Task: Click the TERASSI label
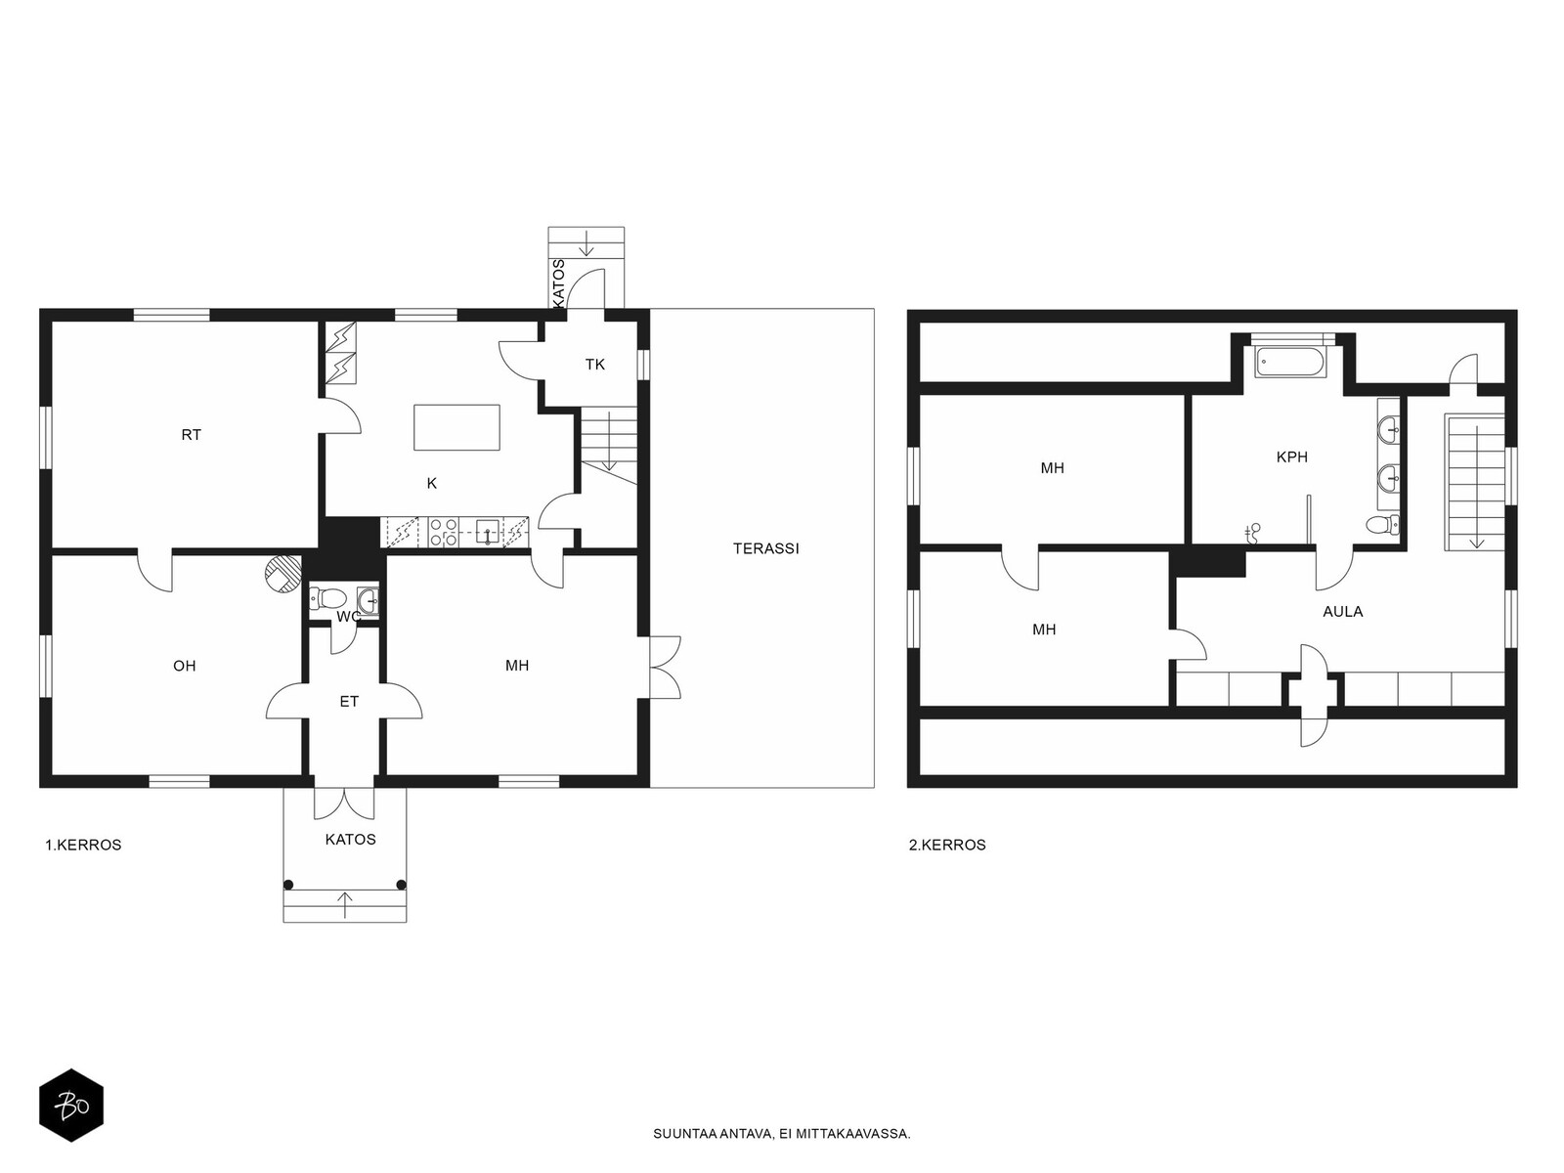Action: [765, 548]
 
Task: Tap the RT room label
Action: [191, 435]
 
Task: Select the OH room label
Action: [184, 666]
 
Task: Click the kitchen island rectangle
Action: [456, 427]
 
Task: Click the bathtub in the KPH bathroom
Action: [1290, 363]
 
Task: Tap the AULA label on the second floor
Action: [1342, 611]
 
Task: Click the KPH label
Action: [1291, 456]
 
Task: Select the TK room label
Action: [594, 365]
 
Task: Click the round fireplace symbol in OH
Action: [280, 574]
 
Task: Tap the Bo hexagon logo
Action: [70, 1106]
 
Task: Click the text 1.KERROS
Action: [83, 845]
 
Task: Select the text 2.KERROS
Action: [947, 845]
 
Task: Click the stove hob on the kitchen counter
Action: [443, 532]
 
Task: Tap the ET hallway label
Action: [349, 702]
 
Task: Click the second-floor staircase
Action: [1474, 479]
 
